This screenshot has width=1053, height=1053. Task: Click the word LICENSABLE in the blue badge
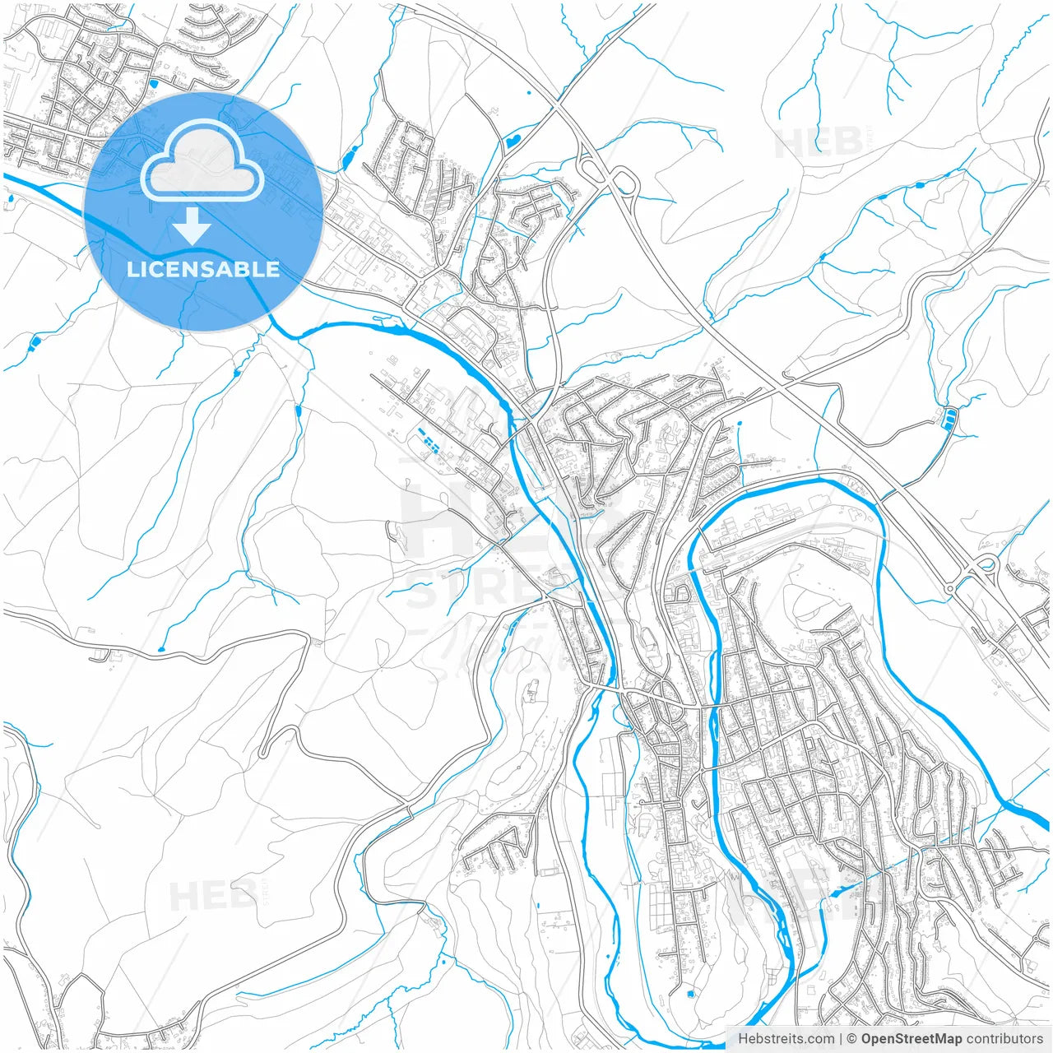tap(203, 269)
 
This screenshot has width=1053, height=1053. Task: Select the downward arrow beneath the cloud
tap(193, 225)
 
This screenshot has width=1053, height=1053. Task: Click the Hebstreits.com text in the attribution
tap(786, 1039)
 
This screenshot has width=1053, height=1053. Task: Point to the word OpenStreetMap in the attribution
tap(911, 1039)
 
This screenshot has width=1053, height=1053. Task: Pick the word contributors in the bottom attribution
tap(1004, 1039)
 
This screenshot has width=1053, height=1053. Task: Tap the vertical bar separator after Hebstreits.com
tap(841, 1039)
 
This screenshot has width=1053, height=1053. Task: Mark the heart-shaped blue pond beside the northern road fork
tap(512, 141)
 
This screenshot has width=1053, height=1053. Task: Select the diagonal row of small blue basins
tap(428, 440)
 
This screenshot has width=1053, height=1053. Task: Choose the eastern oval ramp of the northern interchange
tap(623, 180)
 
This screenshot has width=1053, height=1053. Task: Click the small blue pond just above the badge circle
tap(153, 83)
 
